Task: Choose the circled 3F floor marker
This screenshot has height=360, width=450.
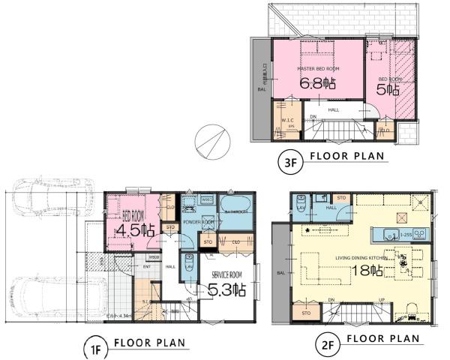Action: (x=288, y=158)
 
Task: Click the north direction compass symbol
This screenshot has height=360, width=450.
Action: (x=212, y=139)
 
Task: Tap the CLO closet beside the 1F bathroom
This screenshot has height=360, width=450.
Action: (x=235, y=242)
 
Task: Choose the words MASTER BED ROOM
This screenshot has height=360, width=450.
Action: (x=319, y=69)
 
